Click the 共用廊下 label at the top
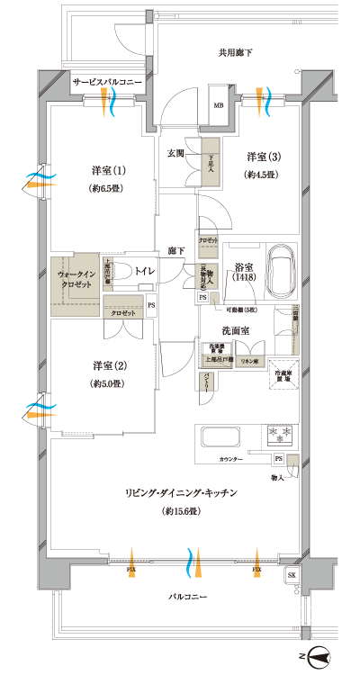coord(236,53)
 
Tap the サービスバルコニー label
coord(107,82)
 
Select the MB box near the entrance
coord(218,103)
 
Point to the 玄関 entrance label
coord(176,153)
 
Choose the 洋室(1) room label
coord(107,171)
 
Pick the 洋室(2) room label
coord(107,365)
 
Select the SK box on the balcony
coord(292,575)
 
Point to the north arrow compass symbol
coord(322,657)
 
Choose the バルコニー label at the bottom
coord(188,598)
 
